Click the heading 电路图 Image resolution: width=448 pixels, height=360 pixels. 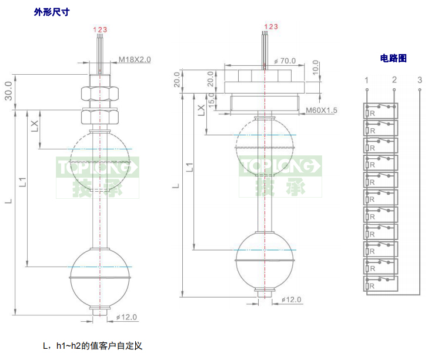(x=393, y=58)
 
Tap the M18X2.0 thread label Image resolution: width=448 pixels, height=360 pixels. (x=135, y=59)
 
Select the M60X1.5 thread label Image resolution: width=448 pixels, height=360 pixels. (x=322, y=110)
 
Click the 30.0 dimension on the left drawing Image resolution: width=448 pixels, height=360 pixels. (x=9, y=90)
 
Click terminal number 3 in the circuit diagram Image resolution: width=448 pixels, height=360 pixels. (x=419, y=80)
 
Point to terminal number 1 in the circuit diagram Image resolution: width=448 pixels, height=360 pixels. (x=366, y=80)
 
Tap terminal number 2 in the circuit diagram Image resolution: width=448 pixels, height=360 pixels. (x=394, y=80)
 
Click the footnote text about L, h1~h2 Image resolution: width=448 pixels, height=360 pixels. (x=92, y=345)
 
